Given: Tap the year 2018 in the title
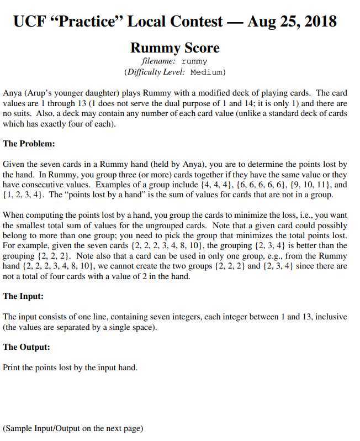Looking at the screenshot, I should (317, 22).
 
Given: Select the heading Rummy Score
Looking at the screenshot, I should (174, 48).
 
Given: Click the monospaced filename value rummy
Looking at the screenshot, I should (194, 61).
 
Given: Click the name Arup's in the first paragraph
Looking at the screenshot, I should (41, 93).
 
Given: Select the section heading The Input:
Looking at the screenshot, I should (24, 296).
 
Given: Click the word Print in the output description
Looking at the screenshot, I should (12, 367).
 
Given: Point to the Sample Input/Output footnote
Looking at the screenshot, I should (73, 428).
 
